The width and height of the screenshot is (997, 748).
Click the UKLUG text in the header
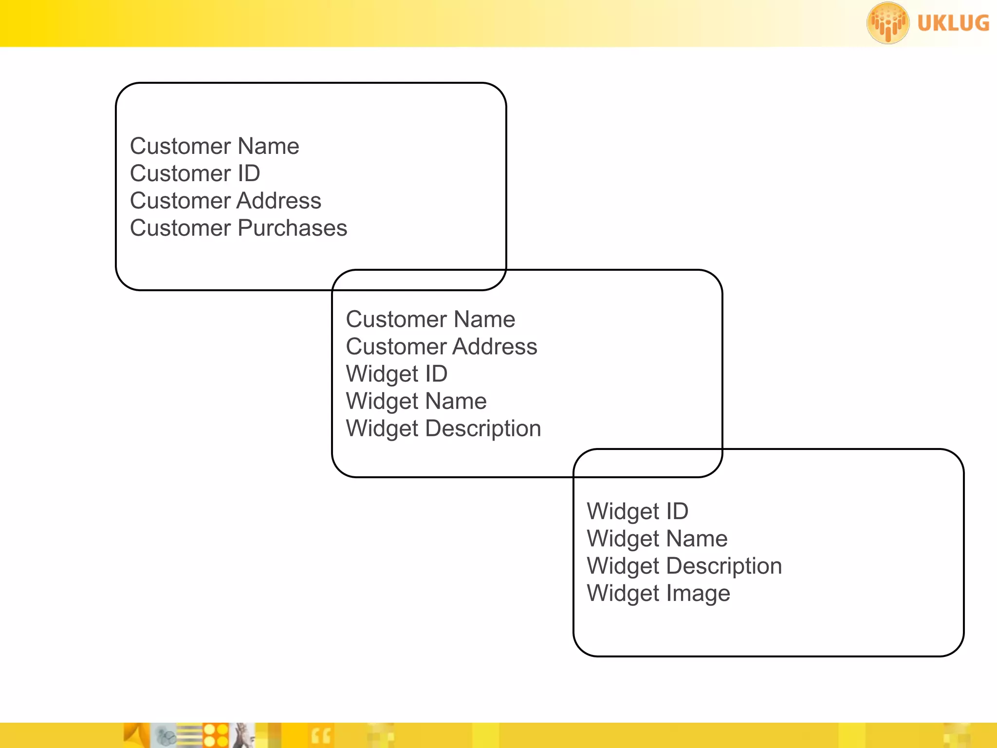pyautogui.click(x=953, y=23)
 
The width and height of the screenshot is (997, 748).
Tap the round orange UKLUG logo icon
pyautogui.click(x=887, y=23)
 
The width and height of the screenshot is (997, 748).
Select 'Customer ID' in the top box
pyautogui.click(x=195, y=173)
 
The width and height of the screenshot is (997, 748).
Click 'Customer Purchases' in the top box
pyautogui.click(x=238, y=228)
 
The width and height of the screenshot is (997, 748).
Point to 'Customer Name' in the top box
pyautogui.click(x=214, y=146)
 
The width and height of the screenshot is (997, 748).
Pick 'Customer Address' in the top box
pyautogui.click(x=225, y=201)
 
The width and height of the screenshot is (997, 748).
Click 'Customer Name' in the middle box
pyautogui.click(x=430, y=319)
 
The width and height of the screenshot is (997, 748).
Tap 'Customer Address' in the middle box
pyautogui.click(x=441, y=347)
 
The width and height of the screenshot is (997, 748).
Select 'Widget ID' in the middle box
pyautogui.click(x=396, y=374)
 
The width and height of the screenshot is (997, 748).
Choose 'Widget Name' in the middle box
pyautogui.click(x=416, y=401)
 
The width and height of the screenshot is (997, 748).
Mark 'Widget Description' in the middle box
pyautogui.click(x=443, y=429)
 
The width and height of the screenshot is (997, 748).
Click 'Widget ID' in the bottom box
pyautogui.click(x=637, y=511)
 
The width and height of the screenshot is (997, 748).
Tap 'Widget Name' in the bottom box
pyautogui.click(x=657, y=539)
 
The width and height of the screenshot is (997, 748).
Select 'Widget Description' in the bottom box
pyautogui.click(x=684, y=566)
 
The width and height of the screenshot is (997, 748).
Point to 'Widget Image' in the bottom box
pyautogui.click(x=658, y=593)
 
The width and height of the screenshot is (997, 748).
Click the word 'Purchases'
pyautogui.click(x=292, y=228)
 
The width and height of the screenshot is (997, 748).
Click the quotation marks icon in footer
pyautogui.click(x=321, y=736)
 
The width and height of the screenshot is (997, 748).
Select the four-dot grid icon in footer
pyautogui.click(x=216, y=735)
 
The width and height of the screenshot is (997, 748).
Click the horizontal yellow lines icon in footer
pyautogui.click(x=190, y=735)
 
